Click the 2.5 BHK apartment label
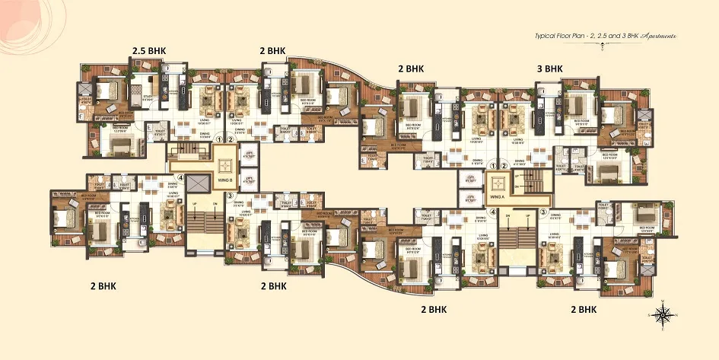pyautogui.click(x=148, y=51)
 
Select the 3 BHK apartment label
pyautogui.click(x=549, y=68)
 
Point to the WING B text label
pyautogui.click(x=225, y=180)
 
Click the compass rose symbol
pyautogui.click(x=663, y=313)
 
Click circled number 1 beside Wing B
pyautogui.click(x=219, y=139)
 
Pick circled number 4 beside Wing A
pyautogui.click(x=493, y=212)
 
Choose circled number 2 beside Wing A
pyautogui.click(x=504, y=164)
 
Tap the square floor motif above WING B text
pyautogui.click(x=225, y=164)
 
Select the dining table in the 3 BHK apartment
pyautogui.click(x=527, y=149)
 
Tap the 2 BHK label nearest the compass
pyautogui.click(x=583, y=310)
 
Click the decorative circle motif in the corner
pyautogui.click(x=19, y=19)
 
